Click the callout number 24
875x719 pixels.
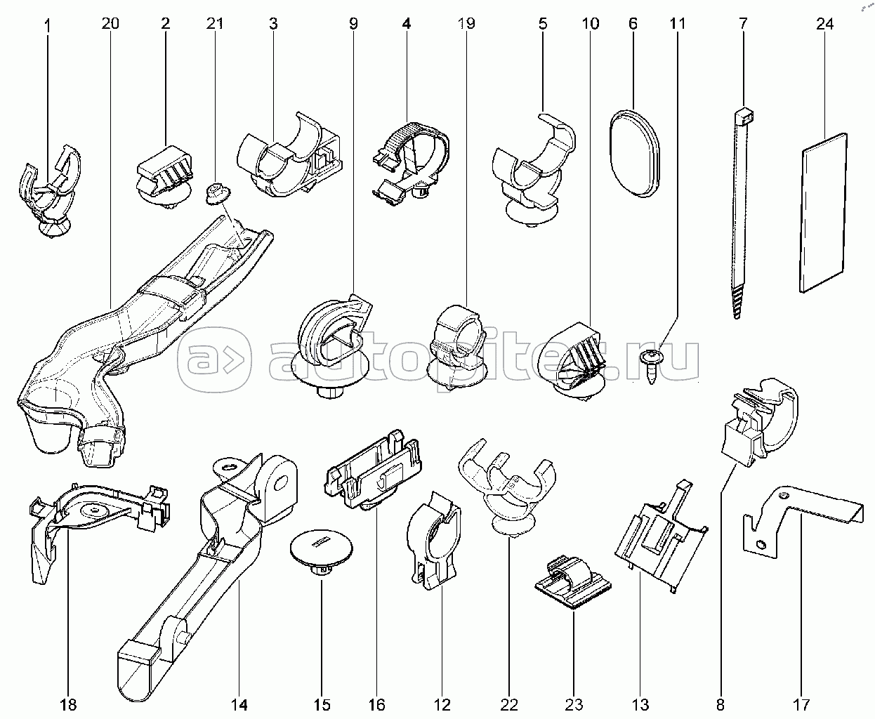(824, 24)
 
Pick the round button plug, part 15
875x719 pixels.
(321, 547)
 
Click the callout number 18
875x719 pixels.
(69, 704)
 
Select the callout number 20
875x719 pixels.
(110, 24)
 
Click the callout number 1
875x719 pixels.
(47, 24)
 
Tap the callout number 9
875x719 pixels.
(353, 24)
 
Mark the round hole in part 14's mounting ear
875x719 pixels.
(282, 482)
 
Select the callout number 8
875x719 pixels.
(721, 704)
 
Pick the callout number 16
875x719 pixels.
(376, 704)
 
